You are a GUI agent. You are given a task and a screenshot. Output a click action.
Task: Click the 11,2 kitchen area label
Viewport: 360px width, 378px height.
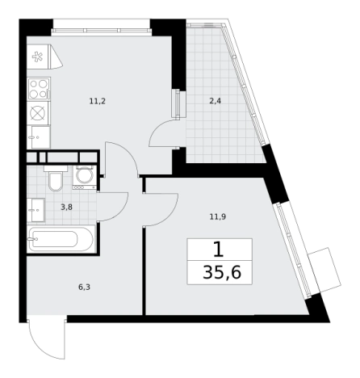[x=98, y=102]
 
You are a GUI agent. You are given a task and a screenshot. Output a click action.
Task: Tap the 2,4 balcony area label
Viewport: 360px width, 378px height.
[x=216, y=102]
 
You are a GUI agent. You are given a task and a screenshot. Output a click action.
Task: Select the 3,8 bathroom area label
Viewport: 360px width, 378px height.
[x=66, y=208]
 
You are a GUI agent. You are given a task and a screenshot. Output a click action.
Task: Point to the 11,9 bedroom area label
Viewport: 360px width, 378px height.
[x=218, y=216]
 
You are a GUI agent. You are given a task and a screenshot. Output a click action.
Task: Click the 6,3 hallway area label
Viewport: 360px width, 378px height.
[x=84, y=288]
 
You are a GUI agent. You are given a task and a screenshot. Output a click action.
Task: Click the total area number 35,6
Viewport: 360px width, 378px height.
[x=222, y=272]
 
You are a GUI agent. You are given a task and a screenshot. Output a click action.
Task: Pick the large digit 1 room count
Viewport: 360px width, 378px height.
[x=219, y=250]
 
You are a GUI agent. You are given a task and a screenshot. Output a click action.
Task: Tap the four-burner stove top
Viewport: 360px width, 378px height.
[x=39, y=89]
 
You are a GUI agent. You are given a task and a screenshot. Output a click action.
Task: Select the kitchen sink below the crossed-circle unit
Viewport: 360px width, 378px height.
[x=40, y=137]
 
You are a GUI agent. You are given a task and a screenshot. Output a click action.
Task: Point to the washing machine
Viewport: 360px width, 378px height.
[x=84, y=177]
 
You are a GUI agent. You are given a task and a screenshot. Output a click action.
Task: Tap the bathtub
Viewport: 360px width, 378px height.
[x=61, y=239]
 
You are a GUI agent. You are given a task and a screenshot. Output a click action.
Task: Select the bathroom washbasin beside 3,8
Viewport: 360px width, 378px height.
[x=36, y=210]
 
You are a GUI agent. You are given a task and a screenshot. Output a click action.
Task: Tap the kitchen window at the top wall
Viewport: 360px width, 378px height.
[x=102, y=30]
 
